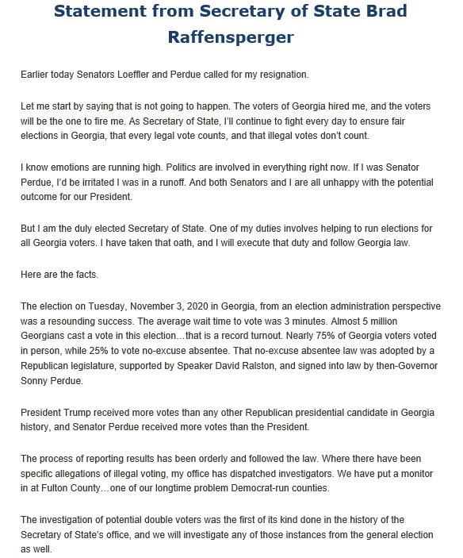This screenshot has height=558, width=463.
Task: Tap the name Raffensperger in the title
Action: click(x=231, y=37)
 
